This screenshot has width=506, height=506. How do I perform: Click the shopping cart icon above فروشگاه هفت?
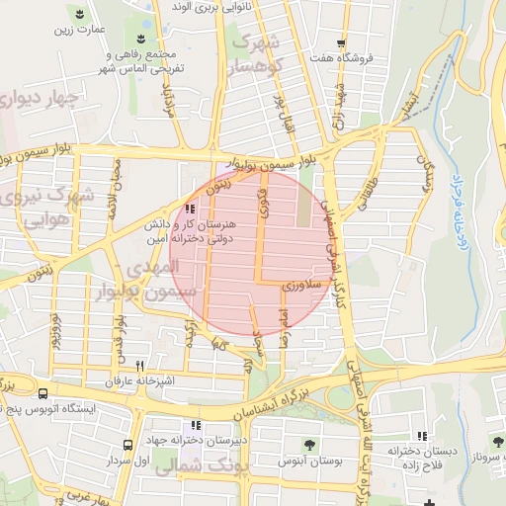341,43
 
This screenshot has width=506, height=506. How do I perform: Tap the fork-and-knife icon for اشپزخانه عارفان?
139,366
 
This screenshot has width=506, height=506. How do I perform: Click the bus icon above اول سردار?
127,446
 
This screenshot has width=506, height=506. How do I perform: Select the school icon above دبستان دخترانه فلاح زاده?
422,436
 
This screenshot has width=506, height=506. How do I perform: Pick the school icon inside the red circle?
190,210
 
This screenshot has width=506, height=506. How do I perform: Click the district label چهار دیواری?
41,100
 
